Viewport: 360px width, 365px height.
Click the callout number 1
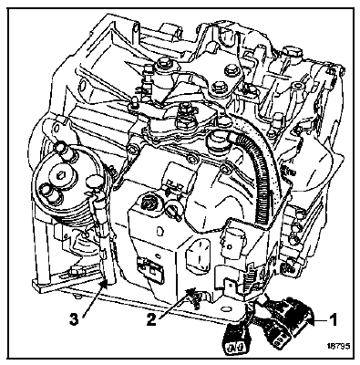334,320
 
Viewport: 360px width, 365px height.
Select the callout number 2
151,319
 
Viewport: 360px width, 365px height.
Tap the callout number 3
74,319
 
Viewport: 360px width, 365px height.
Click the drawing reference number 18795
339,346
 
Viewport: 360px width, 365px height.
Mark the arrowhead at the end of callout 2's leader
191,292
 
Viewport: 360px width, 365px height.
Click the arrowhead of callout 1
309,319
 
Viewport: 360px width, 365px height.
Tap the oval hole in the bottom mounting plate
225,308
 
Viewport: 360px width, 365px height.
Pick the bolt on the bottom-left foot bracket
74,269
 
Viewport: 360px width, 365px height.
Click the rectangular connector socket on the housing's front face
150,268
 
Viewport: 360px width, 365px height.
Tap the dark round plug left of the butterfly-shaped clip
149,202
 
